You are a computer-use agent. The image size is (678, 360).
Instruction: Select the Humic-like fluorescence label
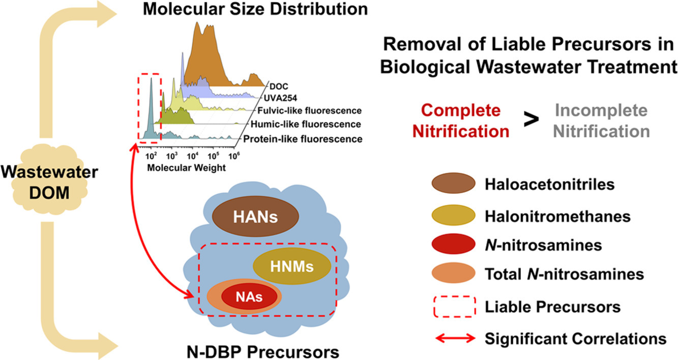[304, 124]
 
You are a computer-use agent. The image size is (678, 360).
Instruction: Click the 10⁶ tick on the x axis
[233, 154]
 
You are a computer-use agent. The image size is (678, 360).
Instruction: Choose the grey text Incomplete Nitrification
[601, 121]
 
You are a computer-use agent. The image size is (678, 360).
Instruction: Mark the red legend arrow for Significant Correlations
[454, 338]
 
